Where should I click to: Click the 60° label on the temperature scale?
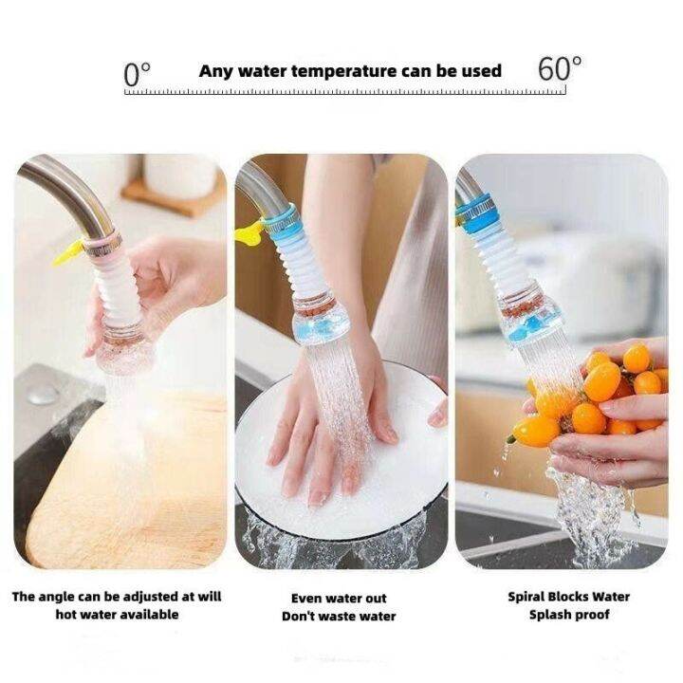(x=559, y=69)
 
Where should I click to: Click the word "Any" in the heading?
(x=215, y=71)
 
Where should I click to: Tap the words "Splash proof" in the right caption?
(x=567, y=615)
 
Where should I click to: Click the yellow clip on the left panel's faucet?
(x=67, y=251)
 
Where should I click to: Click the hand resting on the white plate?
(x=327, y=417)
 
